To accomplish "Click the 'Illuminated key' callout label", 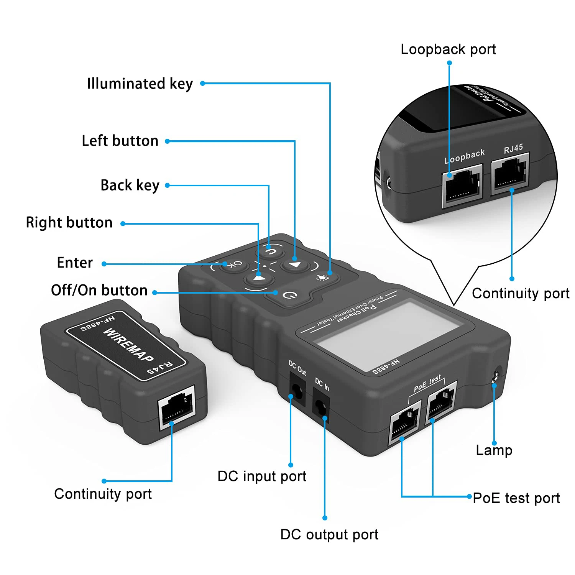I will [x=140, y=84].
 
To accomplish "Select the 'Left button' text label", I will [x=120, y=141].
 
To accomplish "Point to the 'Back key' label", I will [x=130, y=186].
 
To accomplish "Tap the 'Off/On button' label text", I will [x=99, y=291].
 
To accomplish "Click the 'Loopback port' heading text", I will [x=448, y=49].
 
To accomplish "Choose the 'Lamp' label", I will [x=494, y=450].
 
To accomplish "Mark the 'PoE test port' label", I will [x=516, y=498].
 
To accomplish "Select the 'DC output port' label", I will [x=329, y=534].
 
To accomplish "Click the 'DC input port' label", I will [x=261, y=476].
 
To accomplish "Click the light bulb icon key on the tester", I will [x=322, y=277].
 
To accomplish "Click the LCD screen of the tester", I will [x=387, y=335].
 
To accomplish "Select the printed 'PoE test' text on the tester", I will [x=427, y=384].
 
